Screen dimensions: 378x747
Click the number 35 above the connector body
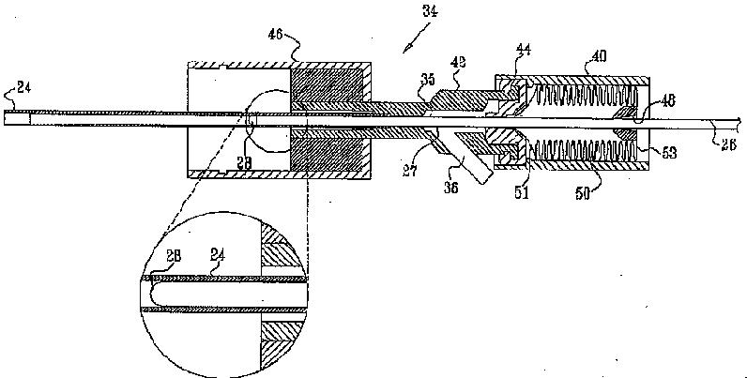[x=427, y=82]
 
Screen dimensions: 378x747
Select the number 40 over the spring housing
[x=597, y=56]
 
